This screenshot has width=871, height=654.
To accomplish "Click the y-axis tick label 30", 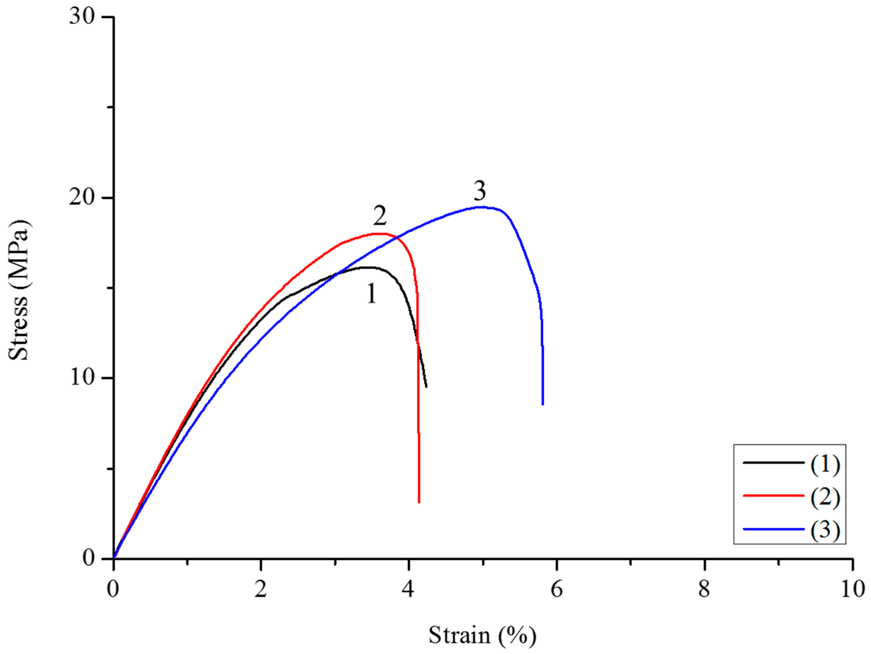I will pyautogui.click(x=82, y=17).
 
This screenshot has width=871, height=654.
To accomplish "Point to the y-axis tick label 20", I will pyautogui.click(x=82, y=197).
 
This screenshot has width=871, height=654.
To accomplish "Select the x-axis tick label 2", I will pyautogui.click(x=260, y=589).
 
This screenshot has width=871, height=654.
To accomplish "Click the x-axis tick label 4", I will pyautogui.click(x=408, y=589).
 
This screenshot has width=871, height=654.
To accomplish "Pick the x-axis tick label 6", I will pyautogui.click(x=556, y=589).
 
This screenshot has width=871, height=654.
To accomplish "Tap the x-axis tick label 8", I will pyautogui.click(x=704, y=589).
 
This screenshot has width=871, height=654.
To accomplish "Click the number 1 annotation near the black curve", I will pyautogui.click(x=371, y=294).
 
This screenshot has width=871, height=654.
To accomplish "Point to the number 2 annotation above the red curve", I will pyautogui.click(x=380, y=216).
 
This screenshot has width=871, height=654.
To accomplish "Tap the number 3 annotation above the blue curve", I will pyautogui.click(x=479, y=191).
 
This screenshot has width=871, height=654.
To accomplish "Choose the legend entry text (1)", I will pyautogui.click(x=825, y=465).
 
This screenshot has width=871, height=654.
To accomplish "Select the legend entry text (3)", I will pyautogui.click(x=825, y=530).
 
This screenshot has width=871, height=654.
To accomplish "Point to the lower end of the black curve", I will pyautogui.click(x=426, y=387).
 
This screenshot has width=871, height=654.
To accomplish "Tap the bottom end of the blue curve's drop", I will pyautogui.click(x=542, y=404).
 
